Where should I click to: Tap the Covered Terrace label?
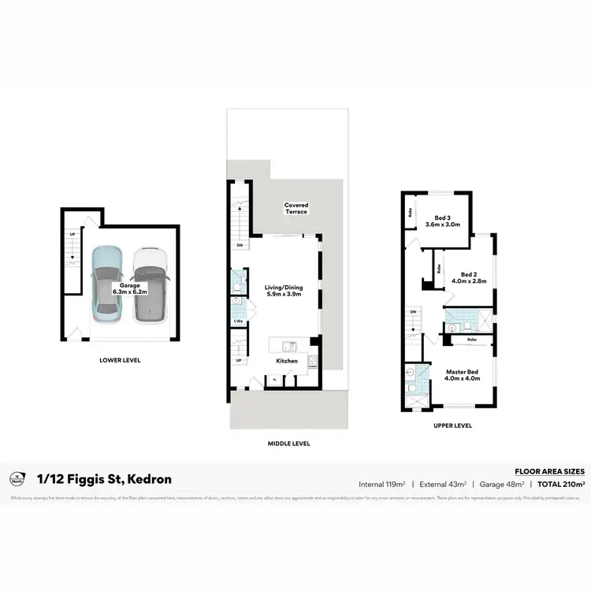coord(296,208)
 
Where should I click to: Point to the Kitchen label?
coord(286,360)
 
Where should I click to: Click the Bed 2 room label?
coord(469,276)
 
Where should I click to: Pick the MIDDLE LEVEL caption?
coord(289,444)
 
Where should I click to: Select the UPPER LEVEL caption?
coord(452,426)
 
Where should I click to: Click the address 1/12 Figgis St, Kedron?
coord(104,479)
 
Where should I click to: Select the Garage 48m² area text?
coord(502,484)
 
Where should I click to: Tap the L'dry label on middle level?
coord(237,322)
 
